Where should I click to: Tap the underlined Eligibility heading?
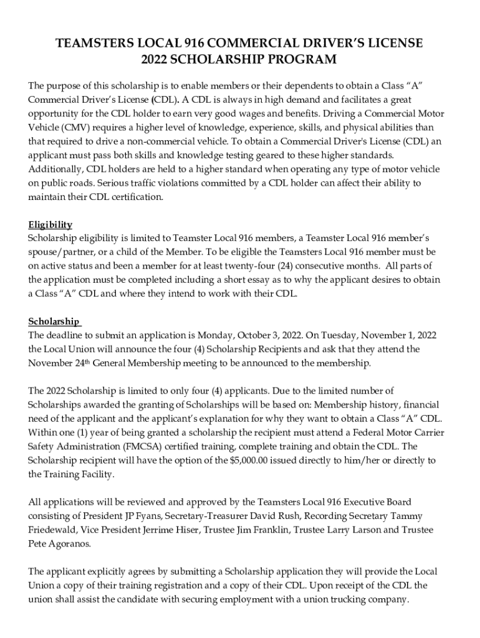pos(50,224)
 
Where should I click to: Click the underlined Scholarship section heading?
pos(54,321)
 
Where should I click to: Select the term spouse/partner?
pos(59,252)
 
